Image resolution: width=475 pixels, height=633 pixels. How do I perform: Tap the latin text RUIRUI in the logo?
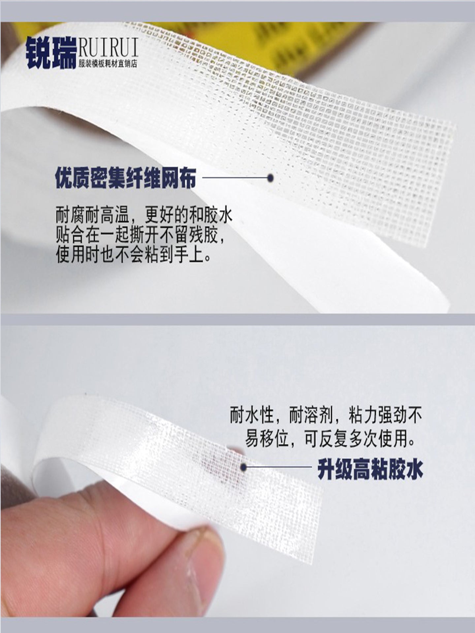(108, 47)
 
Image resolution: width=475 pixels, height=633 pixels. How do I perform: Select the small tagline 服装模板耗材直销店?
(108, 64)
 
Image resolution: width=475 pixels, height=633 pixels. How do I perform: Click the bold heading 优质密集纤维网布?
(126, 178)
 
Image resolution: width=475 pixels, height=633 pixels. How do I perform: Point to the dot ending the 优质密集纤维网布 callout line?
(271, 178)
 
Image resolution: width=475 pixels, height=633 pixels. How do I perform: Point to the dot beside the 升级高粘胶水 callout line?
(244, 467)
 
